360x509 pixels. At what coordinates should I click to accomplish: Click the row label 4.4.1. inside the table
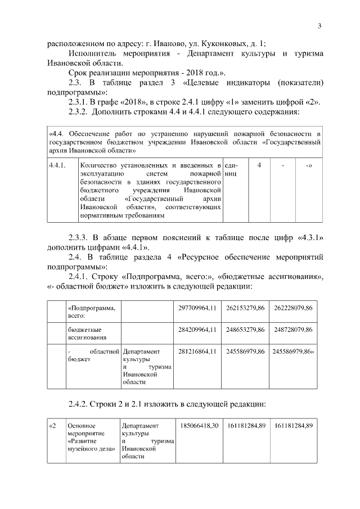coord(58,166)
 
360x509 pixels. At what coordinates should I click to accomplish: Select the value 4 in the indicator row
coord(259,166)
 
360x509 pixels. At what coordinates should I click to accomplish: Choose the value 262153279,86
coord(246,309)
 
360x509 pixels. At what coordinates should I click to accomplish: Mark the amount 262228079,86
coord(294,309)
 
